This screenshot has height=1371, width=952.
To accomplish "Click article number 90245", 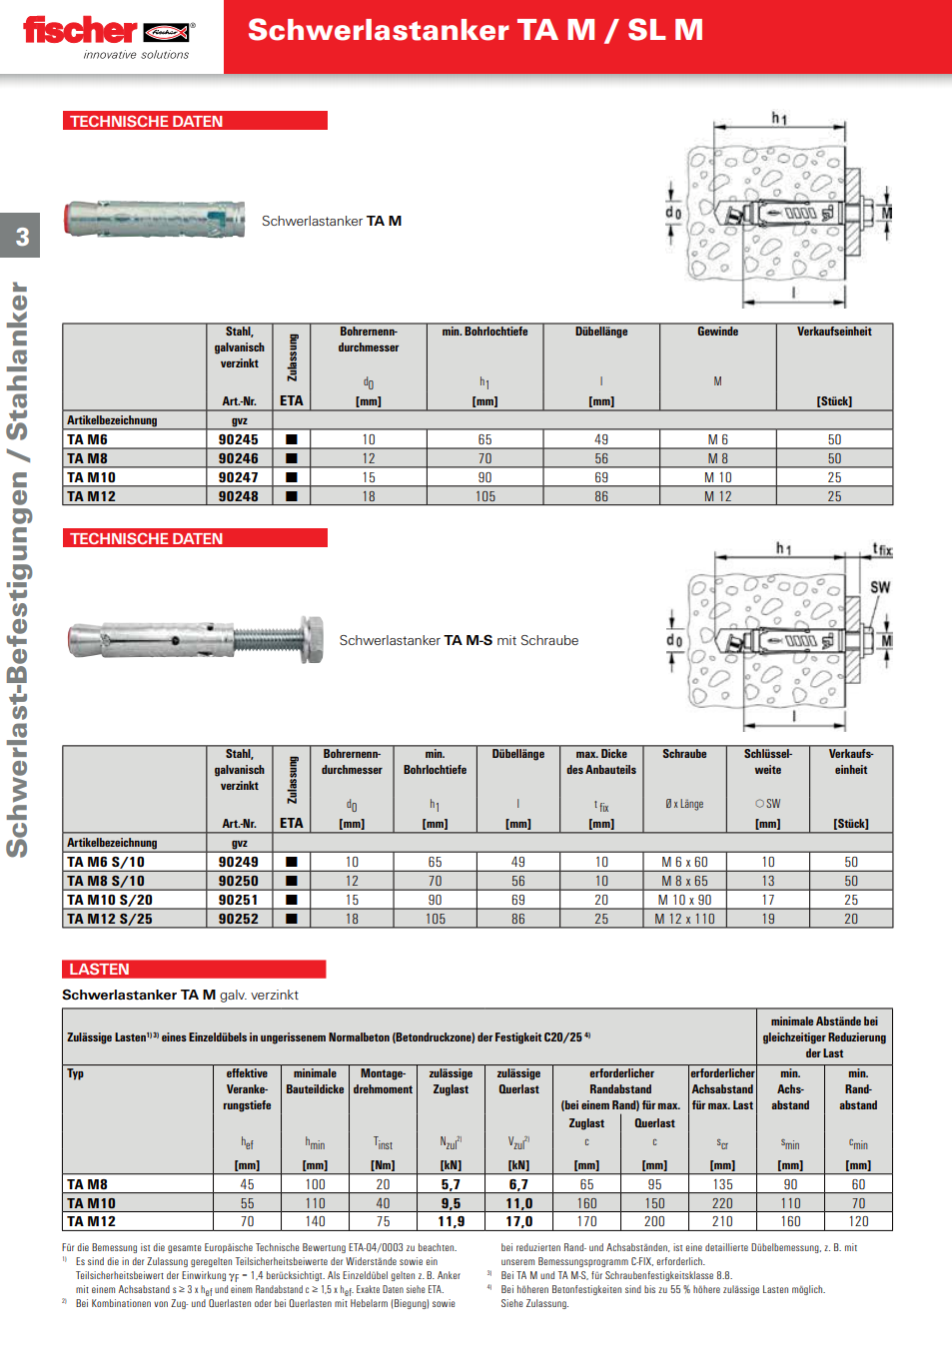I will pyautogui.click(x=239, y=439).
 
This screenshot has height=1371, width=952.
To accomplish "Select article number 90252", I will pyautogui.click(x=239, y=919).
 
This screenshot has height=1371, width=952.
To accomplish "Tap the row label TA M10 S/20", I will pyautogui.click(x=110, y=900).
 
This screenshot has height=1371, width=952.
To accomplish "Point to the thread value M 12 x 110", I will pyautogui.click(x=684, y=919).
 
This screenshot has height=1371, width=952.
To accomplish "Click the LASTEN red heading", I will pyautogui.click(x=99, y=969).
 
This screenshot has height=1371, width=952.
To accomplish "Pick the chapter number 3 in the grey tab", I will pyautogui.click(x=22, y=238).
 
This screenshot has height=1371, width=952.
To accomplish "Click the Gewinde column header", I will pyautogui.click(x=717, y=332).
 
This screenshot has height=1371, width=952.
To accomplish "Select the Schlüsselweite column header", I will pyautogui.click(x=767, y=762).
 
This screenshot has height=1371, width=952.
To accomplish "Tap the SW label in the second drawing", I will pyautogui.click(x=879, y=587).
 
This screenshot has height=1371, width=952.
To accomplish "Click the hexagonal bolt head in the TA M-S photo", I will pyautogui.click(x=311, y=639).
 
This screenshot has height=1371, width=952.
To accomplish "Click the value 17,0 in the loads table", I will pyautogui.click(x=518, y=1221).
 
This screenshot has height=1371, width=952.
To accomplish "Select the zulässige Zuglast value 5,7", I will pyautogui.click(x=451, y=1184).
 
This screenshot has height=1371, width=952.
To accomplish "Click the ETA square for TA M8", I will pyautogui.click(x=292, y=458).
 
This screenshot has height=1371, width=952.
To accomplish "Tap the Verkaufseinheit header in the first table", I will pyautogui.click(x=834, y=332).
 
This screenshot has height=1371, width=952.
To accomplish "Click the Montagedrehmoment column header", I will pyautogui.click(x=383, y=1081).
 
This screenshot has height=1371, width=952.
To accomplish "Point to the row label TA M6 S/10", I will pyautogui.click(x=106, y=862).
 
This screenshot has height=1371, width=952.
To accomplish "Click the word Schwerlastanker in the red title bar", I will pyautogui.click(x=379, y=31).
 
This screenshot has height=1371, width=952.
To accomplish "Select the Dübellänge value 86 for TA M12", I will pyautogui.click(x=601, y=496).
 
